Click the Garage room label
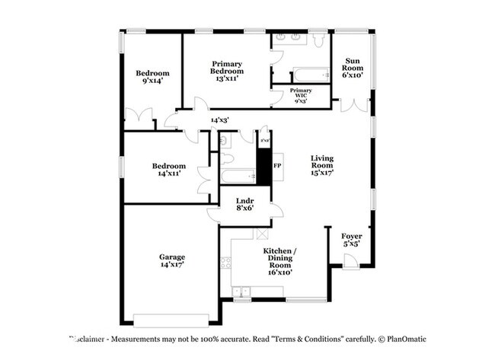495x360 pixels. (x=172, y=257)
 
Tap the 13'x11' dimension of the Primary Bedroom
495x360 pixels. (x=227, y=78)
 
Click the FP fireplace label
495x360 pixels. (x=277, y=166)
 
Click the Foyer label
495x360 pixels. (x=352, y=236)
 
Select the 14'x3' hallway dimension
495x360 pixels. (x=219, y=119)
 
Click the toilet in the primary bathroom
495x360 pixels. (x=318, y=39)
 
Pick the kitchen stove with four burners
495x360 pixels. (x=225, y=263)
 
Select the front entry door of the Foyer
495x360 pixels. (x=351, y=261)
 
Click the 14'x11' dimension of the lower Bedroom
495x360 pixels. (x=168, y=174)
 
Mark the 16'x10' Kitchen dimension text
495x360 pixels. (x=279, y=271)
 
